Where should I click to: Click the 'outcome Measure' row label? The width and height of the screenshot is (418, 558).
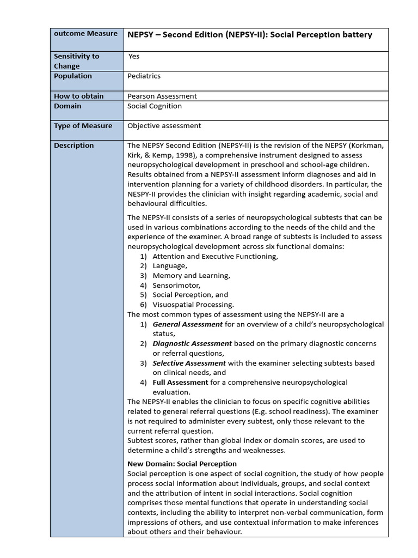tap(85, 34)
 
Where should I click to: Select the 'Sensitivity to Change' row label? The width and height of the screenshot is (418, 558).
tap(77, 61)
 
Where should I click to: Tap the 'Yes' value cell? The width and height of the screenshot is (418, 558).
tap(134, 56)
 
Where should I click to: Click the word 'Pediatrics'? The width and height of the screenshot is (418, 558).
tap(144, 76)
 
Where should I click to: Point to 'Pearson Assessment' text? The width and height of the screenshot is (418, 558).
tap(162, 96)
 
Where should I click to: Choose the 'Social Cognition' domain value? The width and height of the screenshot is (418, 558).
tap(155, 106)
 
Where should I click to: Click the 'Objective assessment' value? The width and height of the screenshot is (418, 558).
tap(164, 126)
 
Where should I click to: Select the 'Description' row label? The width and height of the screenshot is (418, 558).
tap(74, 145)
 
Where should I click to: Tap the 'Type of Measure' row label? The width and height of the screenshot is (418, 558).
tap(83, 126)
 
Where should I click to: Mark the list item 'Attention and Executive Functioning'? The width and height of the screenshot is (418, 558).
tap(216, 256)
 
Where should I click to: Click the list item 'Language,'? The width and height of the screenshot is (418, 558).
tap(170, 266)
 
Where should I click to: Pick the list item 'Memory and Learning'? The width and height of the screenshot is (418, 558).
tap(191, 276)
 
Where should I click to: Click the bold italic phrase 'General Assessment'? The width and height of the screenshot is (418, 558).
tap(187, 324)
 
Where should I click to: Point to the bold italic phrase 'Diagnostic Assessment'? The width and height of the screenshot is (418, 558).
tap(192, 344)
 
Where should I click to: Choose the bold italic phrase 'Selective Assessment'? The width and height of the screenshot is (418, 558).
tap(189, 363)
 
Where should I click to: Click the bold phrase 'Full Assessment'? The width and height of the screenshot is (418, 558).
tap(180, 383)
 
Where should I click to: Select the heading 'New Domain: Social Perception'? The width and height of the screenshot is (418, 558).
tap(182, 464)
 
